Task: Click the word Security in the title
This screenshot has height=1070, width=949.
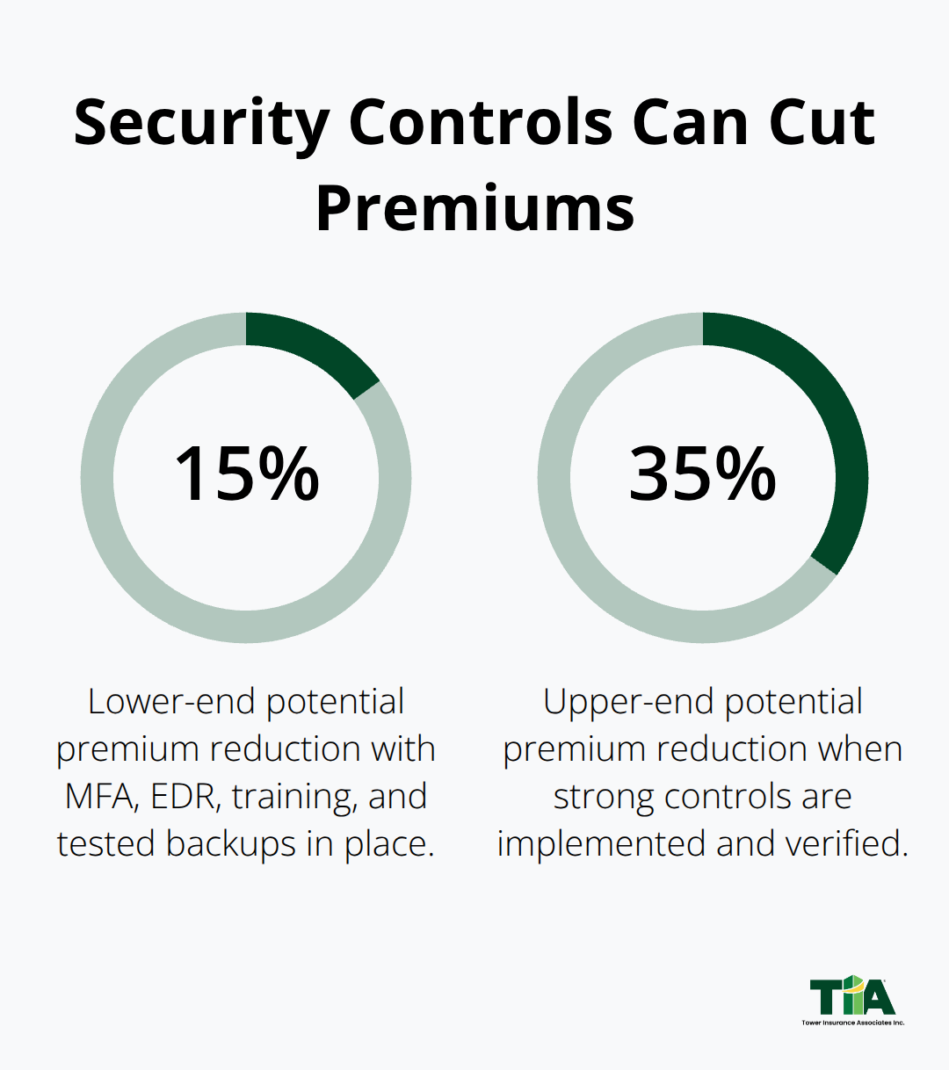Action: (200, 123)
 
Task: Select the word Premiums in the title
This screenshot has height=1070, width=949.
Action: (474, 209)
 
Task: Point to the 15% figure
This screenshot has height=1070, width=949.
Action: (246, 474)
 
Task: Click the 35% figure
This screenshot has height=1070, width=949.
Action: (702, 474)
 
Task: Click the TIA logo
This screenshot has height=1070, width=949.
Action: (851, 996)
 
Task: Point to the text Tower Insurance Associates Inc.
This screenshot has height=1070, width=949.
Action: (852, 1023)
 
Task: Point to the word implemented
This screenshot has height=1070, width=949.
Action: (602, 844)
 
